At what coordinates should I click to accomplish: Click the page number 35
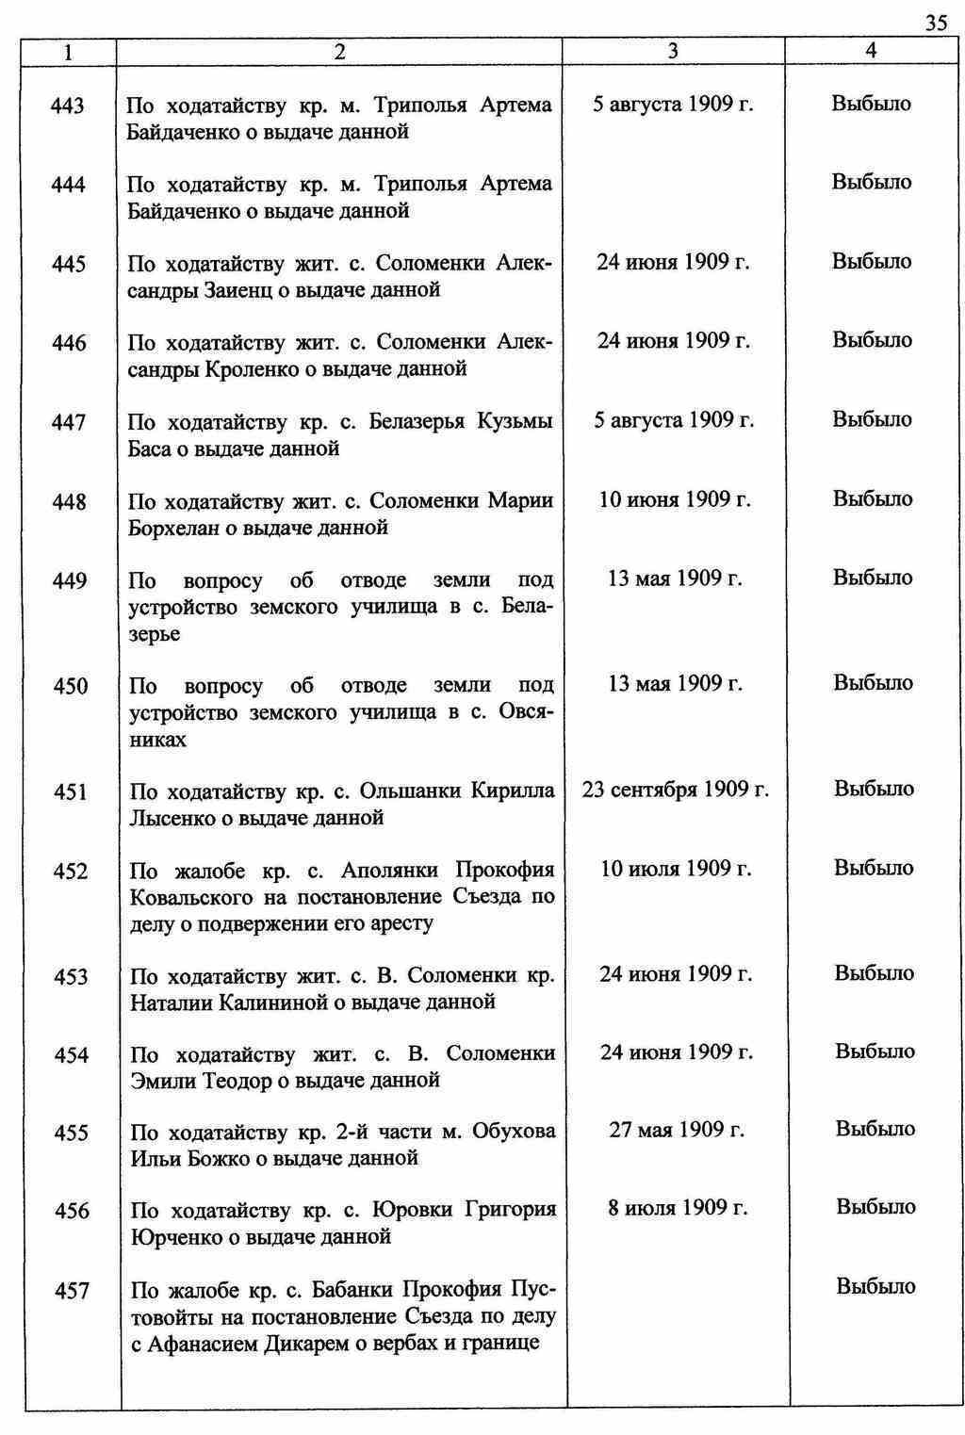[936, 24]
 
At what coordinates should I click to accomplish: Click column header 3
[673, 53]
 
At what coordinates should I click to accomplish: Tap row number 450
[71, 687]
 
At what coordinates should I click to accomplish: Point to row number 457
[72, 1291]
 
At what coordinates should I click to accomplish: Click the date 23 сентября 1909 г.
[676, 790]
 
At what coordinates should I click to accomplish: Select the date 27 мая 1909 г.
[677, 1129]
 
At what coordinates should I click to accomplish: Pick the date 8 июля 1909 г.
[678, 1208]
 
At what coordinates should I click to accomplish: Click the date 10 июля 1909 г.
[676, 868]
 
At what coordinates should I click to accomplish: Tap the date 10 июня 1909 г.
[675, 499]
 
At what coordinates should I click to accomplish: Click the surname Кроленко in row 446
[251, 369]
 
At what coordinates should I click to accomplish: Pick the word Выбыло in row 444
[872, 182]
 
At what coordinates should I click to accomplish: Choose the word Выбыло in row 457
[875, 1286]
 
